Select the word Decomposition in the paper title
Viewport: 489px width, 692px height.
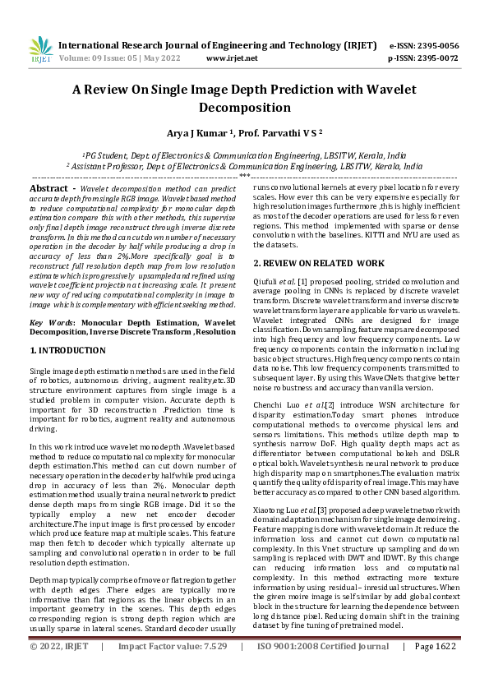(x=244, y=108)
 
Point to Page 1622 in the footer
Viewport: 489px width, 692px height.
(x=436, y=670)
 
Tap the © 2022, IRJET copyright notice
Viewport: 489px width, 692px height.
(x=60, y=670)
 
